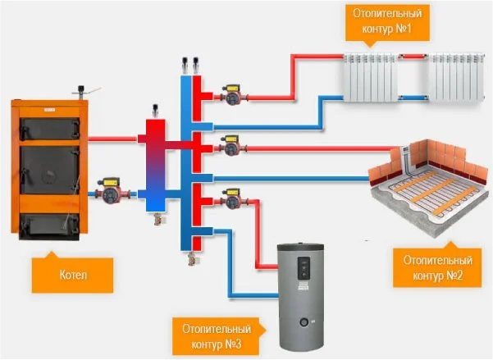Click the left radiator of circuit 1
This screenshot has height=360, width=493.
coord(370,80)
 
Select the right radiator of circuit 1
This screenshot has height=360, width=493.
coord(454,80)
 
